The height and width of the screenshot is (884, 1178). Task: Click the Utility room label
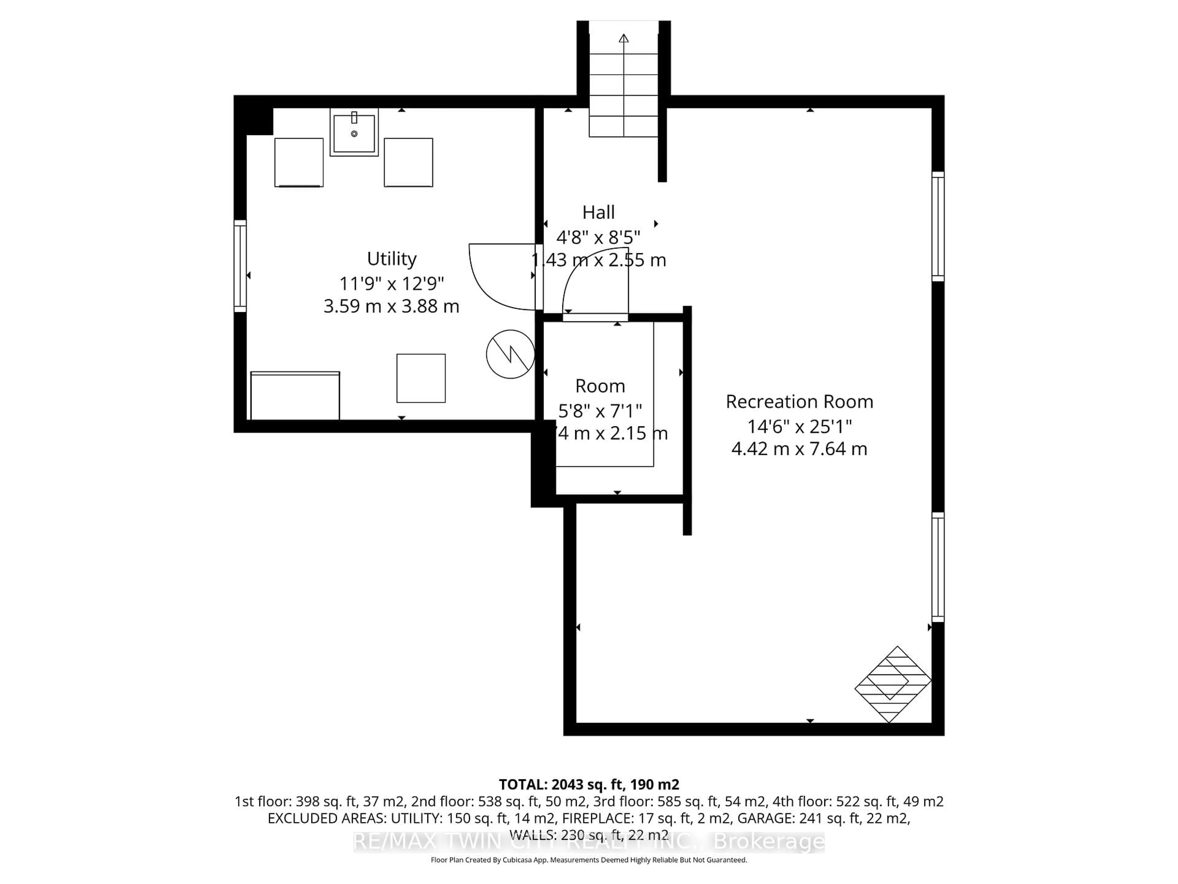391,259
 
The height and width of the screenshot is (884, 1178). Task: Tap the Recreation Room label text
799,402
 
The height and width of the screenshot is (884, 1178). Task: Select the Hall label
598,212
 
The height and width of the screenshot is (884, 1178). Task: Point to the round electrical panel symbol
510,354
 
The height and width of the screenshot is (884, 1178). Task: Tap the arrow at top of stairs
624,38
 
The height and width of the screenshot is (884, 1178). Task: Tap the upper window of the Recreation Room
938,227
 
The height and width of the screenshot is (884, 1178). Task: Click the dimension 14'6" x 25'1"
799,426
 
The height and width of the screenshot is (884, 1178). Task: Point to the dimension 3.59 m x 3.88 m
391,306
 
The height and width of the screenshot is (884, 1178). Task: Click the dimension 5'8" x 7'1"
600,411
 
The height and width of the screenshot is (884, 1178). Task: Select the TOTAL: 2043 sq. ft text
588,784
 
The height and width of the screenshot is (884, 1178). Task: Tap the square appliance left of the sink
299,162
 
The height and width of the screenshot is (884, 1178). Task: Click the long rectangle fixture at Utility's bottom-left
295,396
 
